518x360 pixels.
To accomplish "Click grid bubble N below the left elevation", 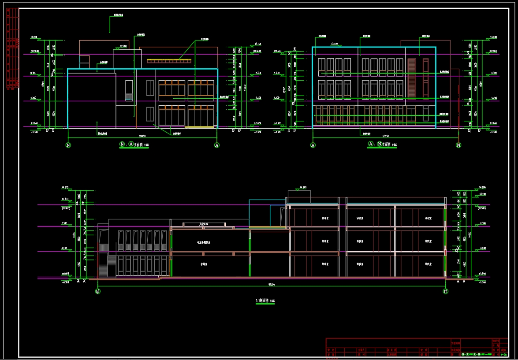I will (x=68, y=145).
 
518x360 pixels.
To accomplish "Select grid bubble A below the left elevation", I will (x=216, y=145).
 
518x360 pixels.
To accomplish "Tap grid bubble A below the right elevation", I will (x=313, y=145).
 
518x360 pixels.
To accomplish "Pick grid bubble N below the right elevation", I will (x=458, y=145).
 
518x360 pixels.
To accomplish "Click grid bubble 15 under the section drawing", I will (x=446, y=291).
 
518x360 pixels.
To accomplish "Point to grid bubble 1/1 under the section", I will (x=98, y=291).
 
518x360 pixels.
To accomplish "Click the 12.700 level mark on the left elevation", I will (x=123, y=46).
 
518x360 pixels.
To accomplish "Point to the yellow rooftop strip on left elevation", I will (x=169, y=60).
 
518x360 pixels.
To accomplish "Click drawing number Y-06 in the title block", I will (x=503, y=354).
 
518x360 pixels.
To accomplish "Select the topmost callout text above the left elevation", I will (x=119, y=15).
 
